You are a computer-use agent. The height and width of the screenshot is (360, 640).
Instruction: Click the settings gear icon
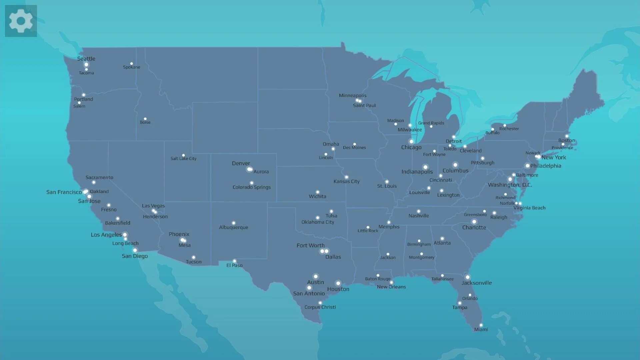pyautogui.click(x=21, y=21)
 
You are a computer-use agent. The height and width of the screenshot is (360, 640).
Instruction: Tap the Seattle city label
pyautogui.click(x=86, y=59)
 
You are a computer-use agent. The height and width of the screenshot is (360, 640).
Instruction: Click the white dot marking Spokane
pyautogui.click(x=131, y=63)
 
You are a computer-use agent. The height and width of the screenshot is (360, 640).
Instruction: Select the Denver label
pyautogui.click(x=241, y=163)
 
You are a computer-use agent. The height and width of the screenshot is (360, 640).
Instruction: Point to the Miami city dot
pyautogui.click(x=481, y=325)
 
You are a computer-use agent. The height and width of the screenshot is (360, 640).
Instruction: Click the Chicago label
pyautogui.click(x=411, y=147)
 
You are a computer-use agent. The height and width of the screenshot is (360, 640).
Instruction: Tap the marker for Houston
pyautogui.click(x=338, y=283)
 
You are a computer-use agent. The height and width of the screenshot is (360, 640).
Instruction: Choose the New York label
pyautogui.click(x=553, y=157)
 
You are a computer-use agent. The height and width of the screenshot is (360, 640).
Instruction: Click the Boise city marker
pyautogui.click(x=145, y=119)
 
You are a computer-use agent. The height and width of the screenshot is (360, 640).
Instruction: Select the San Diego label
pyautogui.click(x=135, y=256)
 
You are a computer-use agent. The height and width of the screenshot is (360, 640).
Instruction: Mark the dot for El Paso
pyautogui.click(x=234, y=261)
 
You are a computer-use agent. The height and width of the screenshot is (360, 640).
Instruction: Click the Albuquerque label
pyautogui.click(x=233, y=227)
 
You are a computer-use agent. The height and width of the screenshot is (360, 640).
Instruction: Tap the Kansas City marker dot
pyautogui.click(x=346, y=177)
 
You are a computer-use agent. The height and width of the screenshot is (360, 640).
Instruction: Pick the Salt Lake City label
pyautogui.click(x=183, y=159)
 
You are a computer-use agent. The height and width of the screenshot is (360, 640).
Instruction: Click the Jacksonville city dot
pyautogui.click(x=467, y=277)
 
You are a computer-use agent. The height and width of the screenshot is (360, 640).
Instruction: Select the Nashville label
pyautogui.click(x=419, y=216)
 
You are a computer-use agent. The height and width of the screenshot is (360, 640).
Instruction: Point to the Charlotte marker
pyautogui.click(x=474, y=222)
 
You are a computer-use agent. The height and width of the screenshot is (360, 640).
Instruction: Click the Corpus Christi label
pyautogui.click(x=320, y=307)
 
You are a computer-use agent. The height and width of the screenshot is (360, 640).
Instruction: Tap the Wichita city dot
pyautogui.click(x=317, y=192)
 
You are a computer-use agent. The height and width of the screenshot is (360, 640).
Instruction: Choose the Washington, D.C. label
pyautogui.click(x=510, y=185)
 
